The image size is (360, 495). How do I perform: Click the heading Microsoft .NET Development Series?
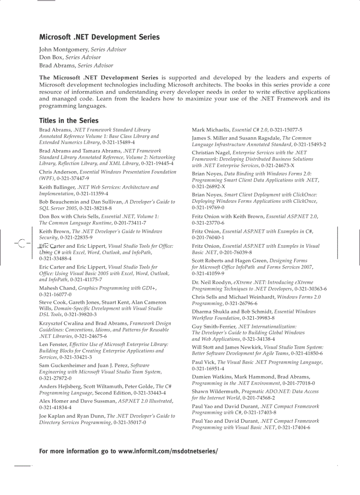(99, 37)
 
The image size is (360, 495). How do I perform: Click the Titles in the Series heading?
(69, 120)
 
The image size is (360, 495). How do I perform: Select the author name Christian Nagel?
(211, 153)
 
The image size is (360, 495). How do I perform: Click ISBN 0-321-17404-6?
(294, 427)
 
